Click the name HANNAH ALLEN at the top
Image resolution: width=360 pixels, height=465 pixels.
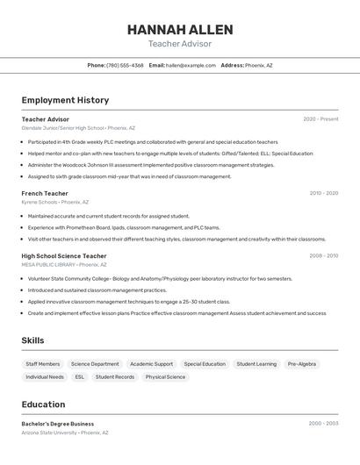(x=179, y=29)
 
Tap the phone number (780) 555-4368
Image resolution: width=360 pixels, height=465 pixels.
(x=125, y=65)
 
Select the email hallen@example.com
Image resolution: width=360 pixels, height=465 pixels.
(x=191, y=65)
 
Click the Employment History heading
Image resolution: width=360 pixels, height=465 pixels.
(x=65, y=100)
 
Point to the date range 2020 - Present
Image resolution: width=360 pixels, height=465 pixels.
(x=320, y=118)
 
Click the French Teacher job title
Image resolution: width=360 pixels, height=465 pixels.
(x=45, y=193)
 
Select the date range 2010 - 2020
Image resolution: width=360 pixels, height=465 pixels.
(x=323, y=193)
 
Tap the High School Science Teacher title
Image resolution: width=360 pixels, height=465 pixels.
(x=64, y=255)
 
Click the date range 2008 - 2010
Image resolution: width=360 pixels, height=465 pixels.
(x=323, y=255)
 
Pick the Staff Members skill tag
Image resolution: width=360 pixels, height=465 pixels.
(x=43, y=363)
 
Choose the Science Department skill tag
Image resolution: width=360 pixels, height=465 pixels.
(x=95, y=363)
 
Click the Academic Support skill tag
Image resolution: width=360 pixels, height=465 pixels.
(x=151, y=363)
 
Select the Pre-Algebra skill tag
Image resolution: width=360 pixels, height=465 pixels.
(x=301, y=363)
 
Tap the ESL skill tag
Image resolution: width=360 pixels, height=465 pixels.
(x=80, y=376)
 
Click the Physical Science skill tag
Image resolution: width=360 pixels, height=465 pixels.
(x=165, y=376)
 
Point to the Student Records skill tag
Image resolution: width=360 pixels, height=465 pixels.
(x=115, y=376)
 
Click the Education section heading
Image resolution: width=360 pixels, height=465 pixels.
(x=43, y=404)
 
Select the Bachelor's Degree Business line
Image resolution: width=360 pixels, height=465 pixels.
(x=58, y=424)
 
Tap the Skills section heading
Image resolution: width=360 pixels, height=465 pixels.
(x=33, y=340)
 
